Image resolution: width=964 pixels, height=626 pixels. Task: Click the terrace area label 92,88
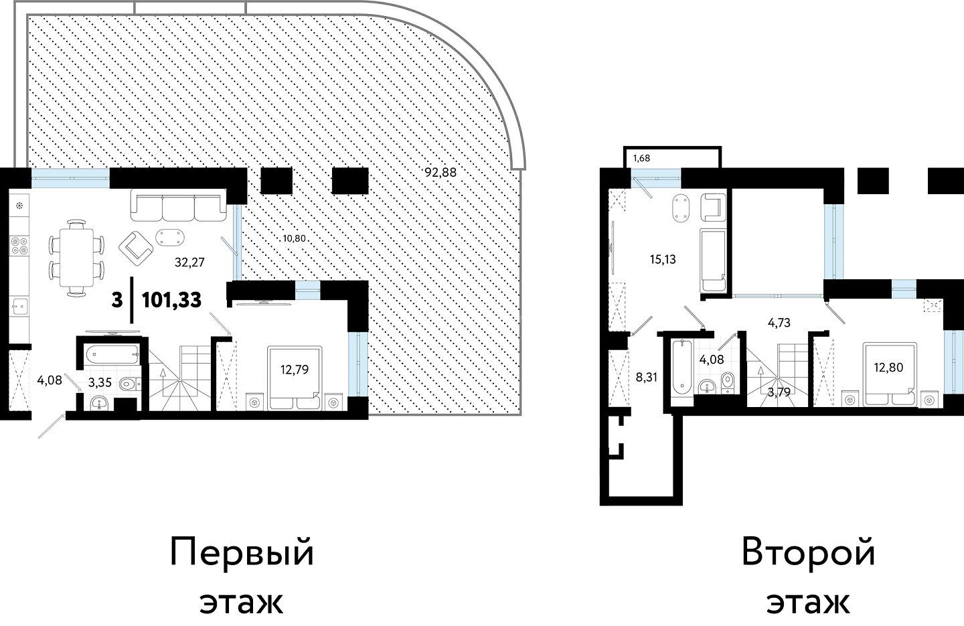pos(440,173)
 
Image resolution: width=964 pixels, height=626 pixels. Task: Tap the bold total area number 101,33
pos(171,300)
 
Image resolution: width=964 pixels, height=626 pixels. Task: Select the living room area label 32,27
pos(189,262)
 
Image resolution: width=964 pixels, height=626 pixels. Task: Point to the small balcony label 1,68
pos(641,159)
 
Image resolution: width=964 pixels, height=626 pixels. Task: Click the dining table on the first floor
pos(76,258)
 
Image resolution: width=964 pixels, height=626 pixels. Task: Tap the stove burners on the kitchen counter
pos(20,246)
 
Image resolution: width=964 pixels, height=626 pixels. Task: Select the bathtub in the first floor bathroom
pos(112,356)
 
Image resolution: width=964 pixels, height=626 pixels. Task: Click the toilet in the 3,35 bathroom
pos(130,384)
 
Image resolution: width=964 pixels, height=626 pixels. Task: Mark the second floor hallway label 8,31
pos(647,378)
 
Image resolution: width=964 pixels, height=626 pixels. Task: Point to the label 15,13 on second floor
pos(663,260)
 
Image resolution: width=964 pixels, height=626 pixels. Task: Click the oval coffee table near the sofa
pos(170,237)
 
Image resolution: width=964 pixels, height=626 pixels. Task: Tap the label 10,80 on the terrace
pos(295,238)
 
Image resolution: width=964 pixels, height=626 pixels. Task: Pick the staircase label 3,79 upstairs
pos(779,392)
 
